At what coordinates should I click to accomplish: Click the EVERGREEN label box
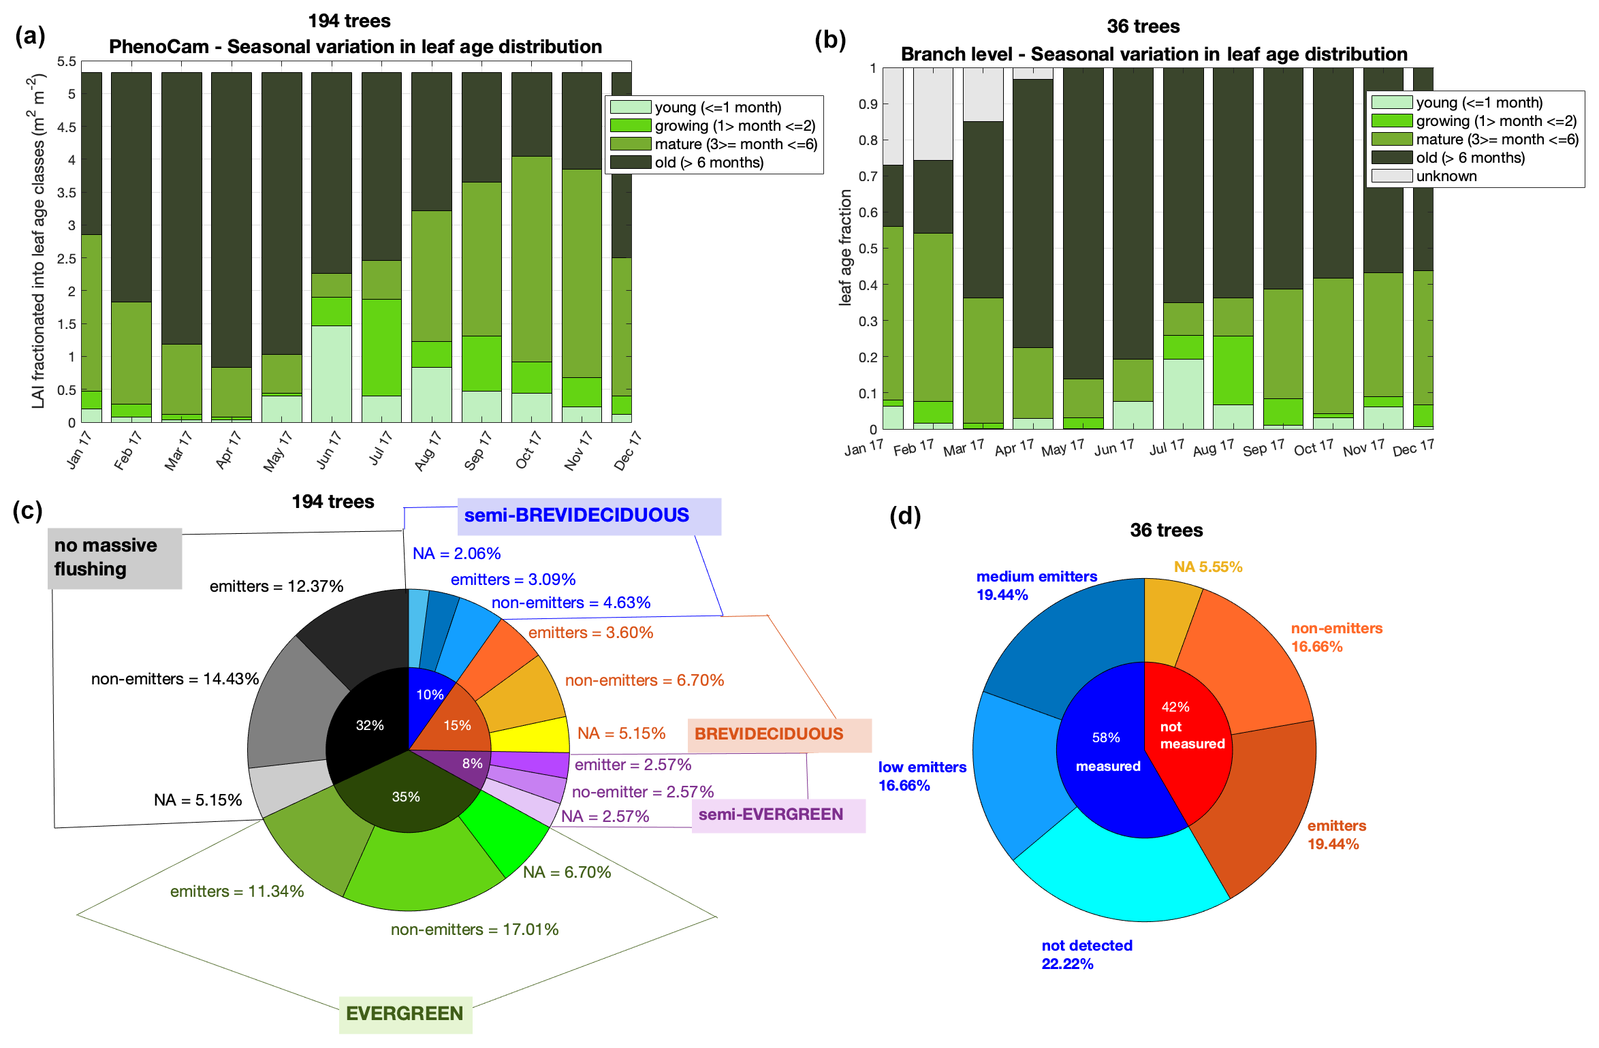click(x=405, y=1013)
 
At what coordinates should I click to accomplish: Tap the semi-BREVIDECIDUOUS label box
click(x=589, y=515)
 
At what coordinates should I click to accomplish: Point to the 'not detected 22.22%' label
click(x=1086, y=954)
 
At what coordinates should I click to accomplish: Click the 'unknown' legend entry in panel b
click(x=1446, y=176)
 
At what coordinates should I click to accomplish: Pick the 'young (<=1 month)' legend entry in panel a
click(x=717, y=108)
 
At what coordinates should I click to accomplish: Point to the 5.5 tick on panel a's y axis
click(x=67, y=62)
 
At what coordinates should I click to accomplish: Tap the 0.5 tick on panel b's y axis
click(x=868, y=249)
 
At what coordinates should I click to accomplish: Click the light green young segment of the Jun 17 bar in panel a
click(x=332, y=374)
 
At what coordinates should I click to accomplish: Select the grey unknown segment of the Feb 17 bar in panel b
click(x=933, y=114)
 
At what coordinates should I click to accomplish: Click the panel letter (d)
click(x=905, y=516)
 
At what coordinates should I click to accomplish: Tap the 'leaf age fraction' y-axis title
click(x=845, y=247)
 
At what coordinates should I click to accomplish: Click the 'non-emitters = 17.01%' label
click(x=474, y=930)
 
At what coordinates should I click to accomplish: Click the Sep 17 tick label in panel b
click(x=1263, y=449)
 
